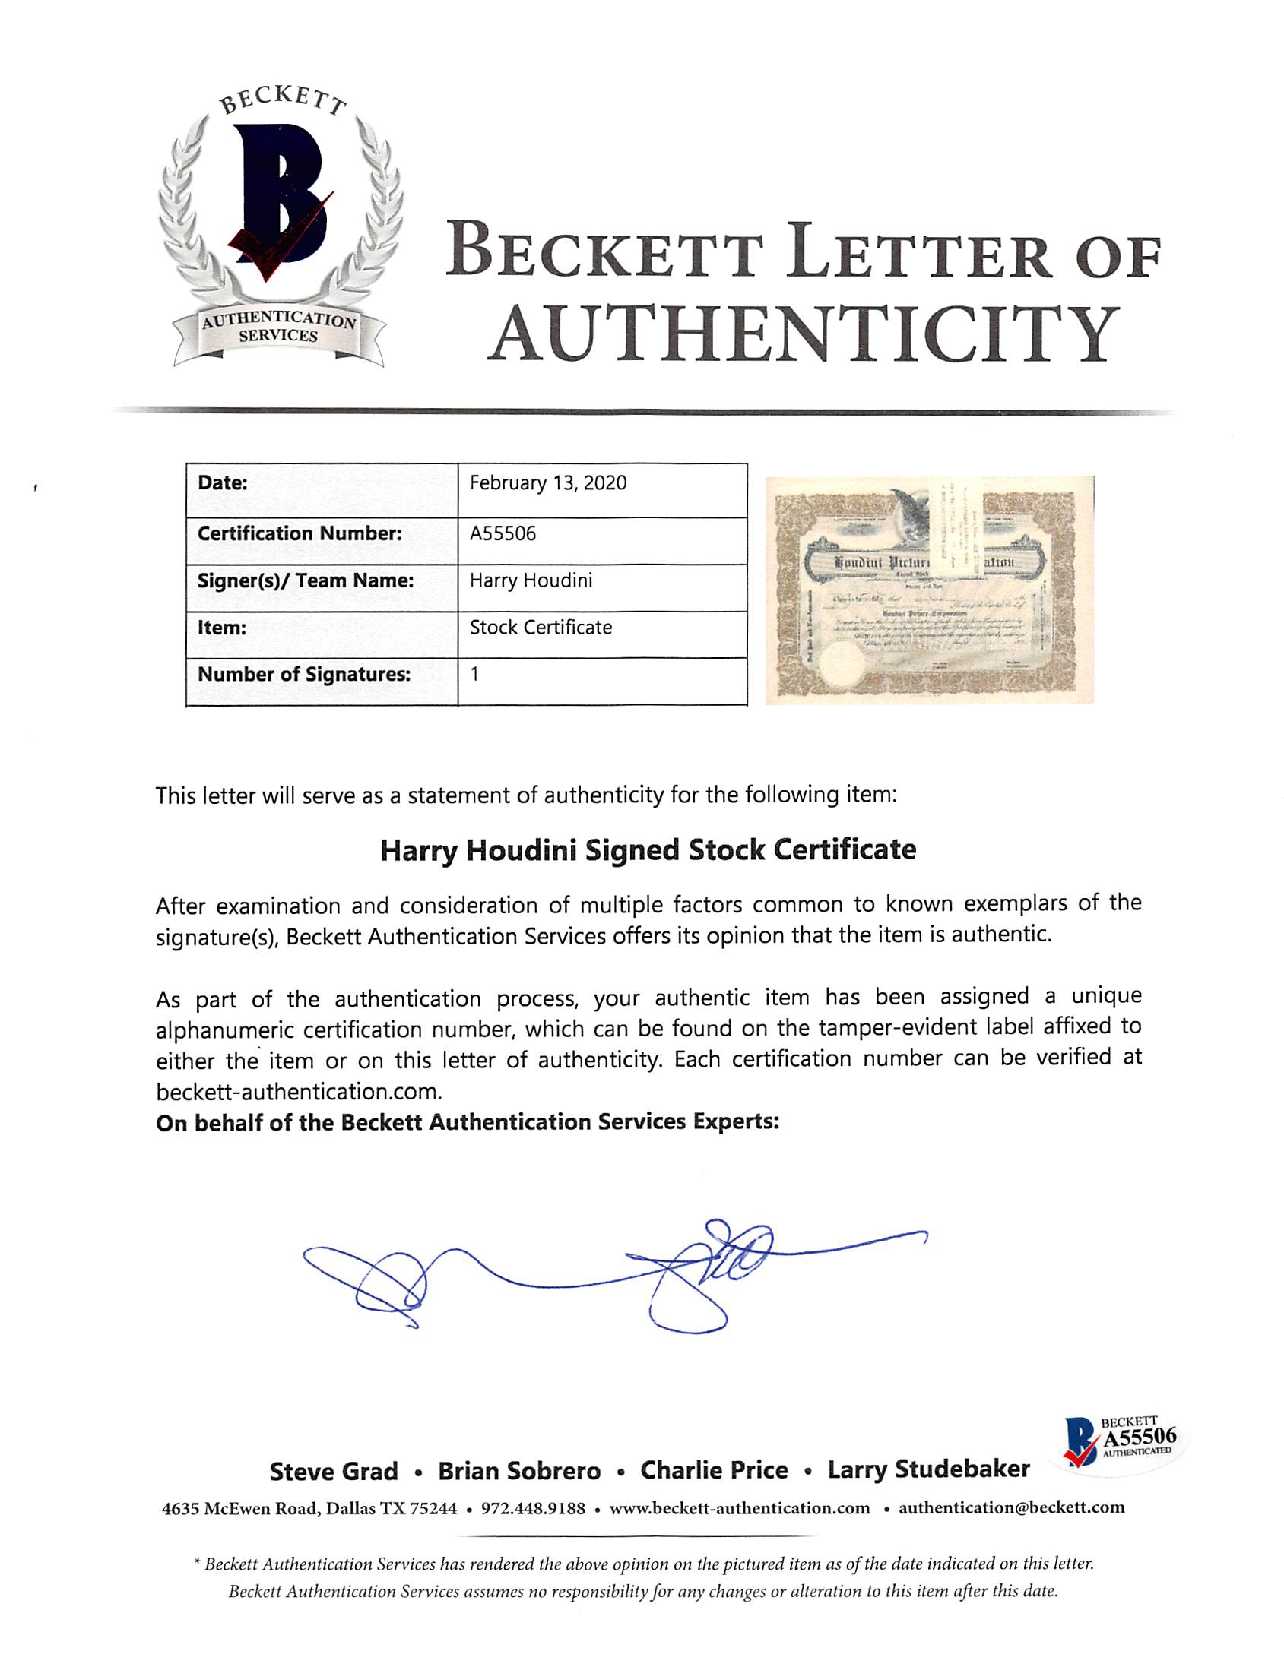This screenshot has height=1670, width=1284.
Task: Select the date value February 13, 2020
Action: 547,482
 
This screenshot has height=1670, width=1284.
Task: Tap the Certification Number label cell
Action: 300,533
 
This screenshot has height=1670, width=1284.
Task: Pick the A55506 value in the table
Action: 503,533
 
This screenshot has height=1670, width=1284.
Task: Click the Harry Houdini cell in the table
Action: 531,580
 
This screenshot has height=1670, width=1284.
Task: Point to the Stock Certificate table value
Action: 541,628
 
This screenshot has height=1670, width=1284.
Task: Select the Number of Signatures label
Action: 303,675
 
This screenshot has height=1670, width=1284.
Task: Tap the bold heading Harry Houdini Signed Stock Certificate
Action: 648,850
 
